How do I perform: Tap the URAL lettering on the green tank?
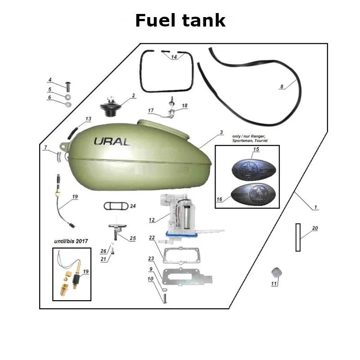pos(112,141)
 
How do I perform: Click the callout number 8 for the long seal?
pos(282,86)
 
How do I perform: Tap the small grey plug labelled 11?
pos(276,272)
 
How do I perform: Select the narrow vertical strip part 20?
pos(297,237)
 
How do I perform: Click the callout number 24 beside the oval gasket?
pos(133,206)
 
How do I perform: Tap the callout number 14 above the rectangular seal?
pos(174,57)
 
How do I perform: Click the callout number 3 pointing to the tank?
pos(221,132)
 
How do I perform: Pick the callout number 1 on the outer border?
pos(316,207)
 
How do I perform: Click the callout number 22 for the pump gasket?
pos(152,238)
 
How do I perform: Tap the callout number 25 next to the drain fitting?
pos(133,238)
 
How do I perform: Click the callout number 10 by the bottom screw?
pos(150,279)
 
